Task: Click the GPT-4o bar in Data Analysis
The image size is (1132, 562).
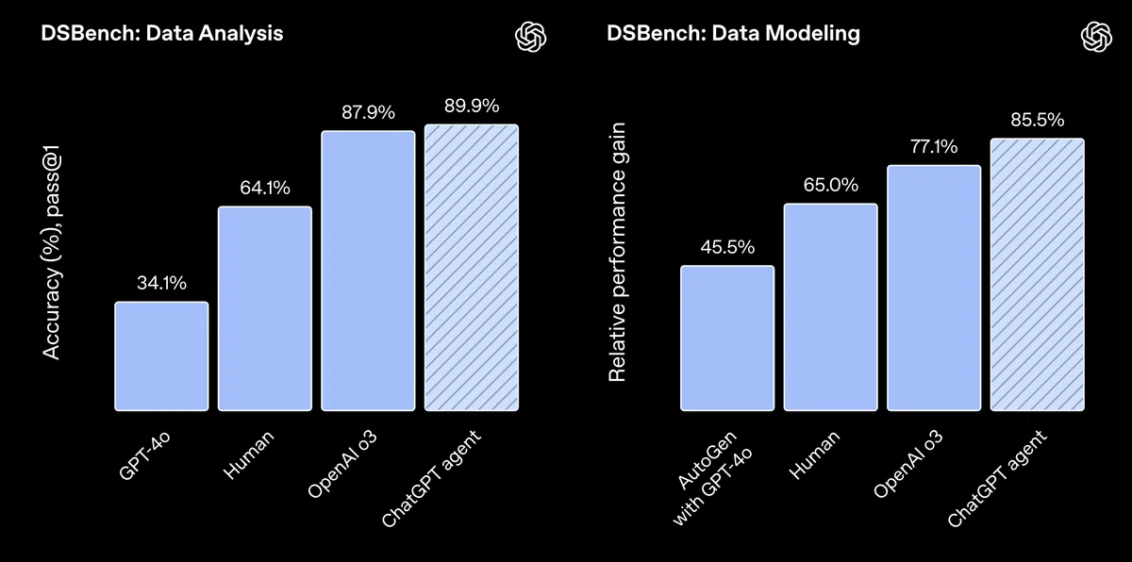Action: pos(161,356)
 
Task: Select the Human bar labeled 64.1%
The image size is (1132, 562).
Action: pos(265,308)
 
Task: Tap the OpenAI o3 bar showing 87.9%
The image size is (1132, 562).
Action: pos(368,271)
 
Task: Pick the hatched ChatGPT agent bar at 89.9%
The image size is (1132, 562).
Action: pos(471,268)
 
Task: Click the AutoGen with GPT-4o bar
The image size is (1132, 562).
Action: pos(727,339)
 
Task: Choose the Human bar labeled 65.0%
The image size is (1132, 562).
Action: pos(830,307)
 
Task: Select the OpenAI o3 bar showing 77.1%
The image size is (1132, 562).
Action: pos(934,288)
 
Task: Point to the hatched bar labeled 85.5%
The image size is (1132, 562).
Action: pos(1037,274)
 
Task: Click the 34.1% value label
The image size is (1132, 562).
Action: pos(161,283)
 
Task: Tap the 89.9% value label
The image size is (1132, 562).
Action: pos(471,105)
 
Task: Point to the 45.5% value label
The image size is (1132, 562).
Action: pos(727,247)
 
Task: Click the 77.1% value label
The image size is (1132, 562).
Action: pos(934,146)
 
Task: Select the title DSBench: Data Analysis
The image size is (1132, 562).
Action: pos(161,34)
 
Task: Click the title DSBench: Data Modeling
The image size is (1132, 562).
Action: pos(733,34)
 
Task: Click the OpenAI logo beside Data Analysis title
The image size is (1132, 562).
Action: pos(531,36)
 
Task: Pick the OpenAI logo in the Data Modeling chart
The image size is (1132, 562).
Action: pos(1096,36)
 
